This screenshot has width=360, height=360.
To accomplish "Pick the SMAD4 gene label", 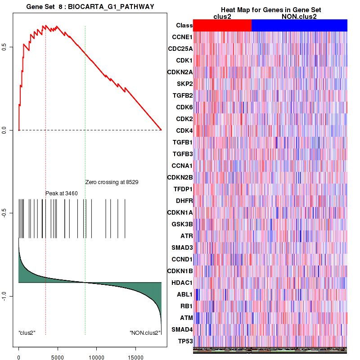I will (180, 329).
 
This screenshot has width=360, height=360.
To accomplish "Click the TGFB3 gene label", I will (182, 154).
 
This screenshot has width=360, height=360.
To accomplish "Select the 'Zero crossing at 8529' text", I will (112, 182).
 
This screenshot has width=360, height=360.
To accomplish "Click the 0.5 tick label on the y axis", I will (4, 47).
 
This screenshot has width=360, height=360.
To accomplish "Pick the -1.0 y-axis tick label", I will (4, 296).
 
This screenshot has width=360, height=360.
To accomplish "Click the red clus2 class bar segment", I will (222, 26).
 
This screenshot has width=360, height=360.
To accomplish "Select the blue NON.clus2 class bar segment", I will (299, 26).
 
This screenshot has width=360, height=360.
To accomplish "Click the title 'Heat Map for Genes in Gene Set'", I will (271, 10).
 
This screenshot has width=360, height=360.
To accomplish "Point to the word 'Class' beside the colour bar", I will (184, 26).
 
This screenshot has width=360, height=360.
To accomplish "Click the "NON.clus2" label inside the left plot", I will (145, 333).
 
